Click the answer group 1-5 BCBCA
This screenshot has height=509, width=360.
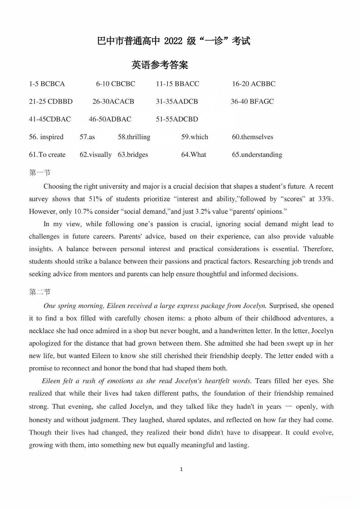tap(47, 84)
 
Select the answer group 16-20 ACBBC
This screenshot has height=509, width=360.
tap(253, 84)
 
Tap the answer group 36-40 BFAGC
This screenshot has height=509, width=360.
tap(252, 102)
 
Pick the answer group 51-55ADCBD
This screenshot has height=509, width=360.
tap(177, 119)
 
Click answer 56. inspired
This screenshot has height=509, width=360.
tap(46, 137)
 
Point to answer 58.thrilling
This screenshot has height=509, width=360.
tap(134, 137)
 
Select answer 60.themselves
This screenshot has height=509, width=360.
tap(253, 137)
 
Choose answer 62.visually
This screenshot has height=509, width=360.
tap(96, 155)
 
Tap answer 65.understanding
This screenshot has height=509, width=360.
tap(257, 155)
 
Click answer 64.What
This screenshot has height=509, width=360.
tap(194, 155)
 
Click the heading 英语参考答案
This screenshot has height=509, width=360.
tap(160, 65)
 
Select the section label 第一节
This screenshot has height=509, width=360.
tap(40, 172)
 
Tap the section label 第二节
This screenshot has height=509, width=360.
tap(40, 292)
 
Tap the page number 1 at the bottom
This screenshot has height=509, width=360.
tap(181, 469)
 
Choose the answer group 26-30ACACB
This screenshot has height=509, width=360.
tap(113, 102)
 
